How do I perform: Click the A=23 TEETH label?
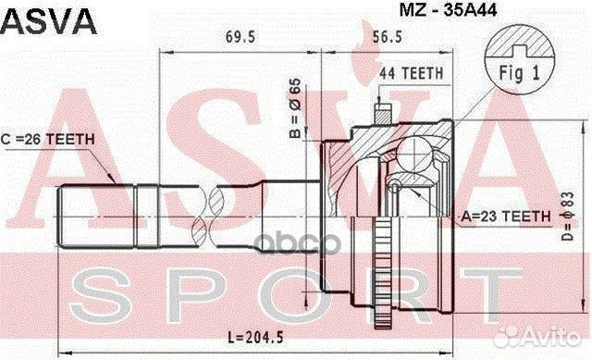point(505,215)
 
